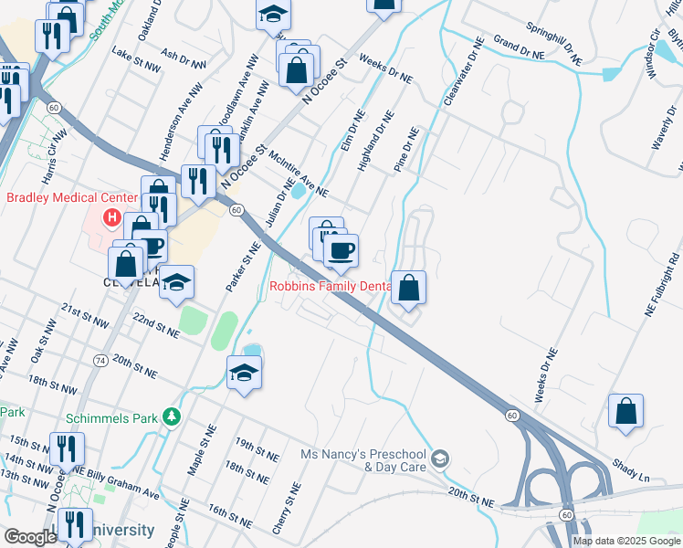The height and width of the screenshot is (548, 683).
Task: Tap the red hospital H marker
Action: click(111, 217)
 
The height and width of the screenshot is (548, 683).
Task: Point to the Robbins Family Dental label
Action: click(331, 286)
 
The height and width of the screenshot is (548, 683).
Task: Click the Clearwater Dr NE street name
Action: click(461, 71)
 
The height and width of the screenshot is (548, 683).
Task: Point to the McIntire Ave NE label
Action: click(299, 173)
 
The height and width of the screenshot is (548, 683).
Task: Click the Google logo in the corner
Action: click(29, 538)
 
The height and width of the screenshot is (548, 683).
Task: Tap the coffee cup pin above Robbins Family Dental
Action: click(341, 249)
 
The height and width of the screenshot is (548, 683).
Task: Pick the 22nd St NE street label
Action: click(156, 322)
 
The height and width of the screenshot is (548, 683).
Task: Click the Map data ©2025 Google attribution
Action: click(626, 541)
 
